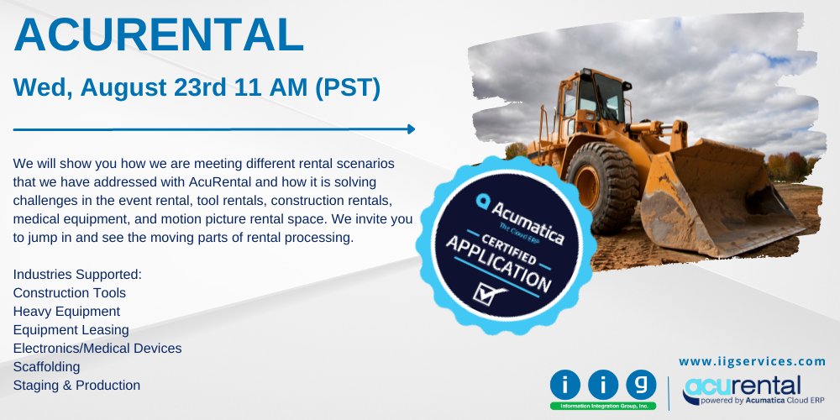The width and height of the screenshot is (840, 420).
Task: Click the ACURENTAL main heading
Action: (x=159, y=35)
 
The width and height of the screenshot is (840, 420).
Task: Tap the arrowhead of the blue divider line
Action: (x=411, y=129)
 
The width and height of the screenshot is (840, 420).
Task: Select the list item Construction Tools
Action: (x=70, y=293)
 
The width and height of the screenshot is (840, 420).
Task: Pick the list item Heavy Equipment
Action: (x=66, y=312)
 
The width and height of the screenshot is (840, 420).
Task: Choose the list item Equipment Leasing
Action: (x=71, y=330)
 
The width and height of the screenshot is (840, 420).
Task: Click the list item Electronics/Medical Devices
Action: (x=97, y=349)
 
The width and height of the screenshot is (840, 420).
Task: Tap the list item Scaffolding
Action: (x=47, y=367)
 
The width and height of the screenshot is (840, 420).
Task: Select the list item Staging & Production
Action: (x=76, y=386)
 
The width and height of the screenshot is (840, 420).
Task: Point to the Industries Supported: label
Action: (x=77, y=275)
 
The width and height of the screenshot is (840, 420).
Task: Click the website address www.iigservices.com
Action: (x=752, y=361)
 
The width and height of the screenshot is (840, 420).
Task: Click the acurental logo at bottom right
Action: (x=753, y=389)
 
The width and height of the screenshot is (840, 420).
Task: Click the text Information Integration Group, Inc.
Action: (x=602, y=406)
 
